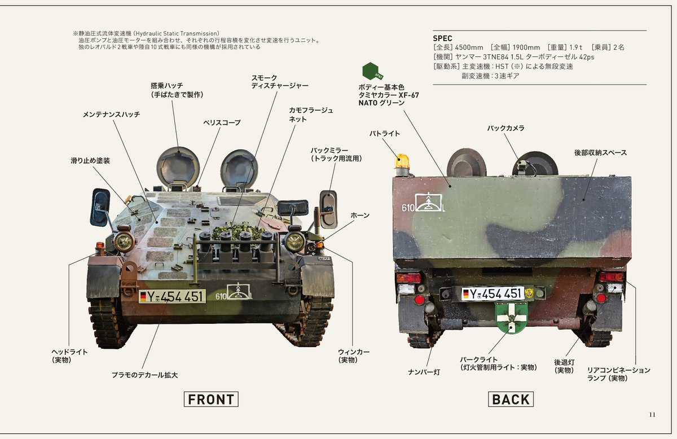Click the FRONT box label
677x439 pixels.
tap(211, 399)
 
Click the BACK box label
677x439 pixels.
tap(511, 399)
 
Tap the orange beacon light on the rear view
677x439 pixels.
tap(402, 162)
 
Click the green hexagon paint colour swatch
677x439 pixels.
tap(372, 72)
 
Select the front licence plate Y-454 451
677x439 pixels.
tap(172, 296)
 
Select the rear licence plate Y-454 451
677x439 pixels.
tap(493, 293)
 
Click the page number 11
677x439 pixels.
tap(652, 415)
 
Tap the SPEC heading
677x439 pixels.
tap(442, 38)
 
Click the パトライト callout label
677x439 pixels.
tap(385, 134)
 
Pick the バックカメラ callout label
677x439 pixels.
tap(506, 128)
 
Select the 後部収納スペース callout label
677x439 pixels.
tap(600, 153)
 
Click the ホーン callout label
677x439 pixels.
tap(360, 216)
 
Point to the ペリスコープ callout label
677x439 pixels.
tap(222, 122)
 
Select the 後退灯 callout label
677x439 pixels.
tap(564, 366)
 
